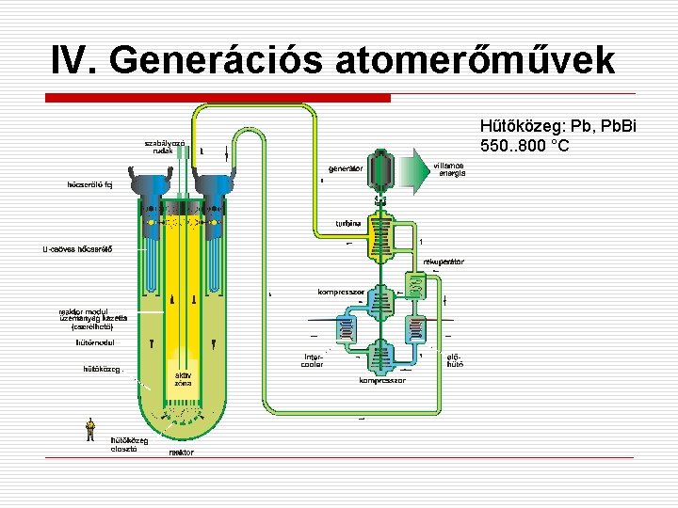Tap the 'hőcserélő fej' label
point(89,184)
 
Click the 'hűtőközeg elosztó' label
point(129,443)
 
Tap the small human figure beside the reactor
point(89,429)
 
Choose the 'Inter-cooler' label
point(314,360)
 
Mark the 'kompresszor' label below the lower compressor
point(382,381)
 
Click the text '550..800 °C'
point(524,146)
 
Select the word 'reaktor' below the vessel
point(181,452)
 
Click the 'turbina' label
point(349,223)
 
